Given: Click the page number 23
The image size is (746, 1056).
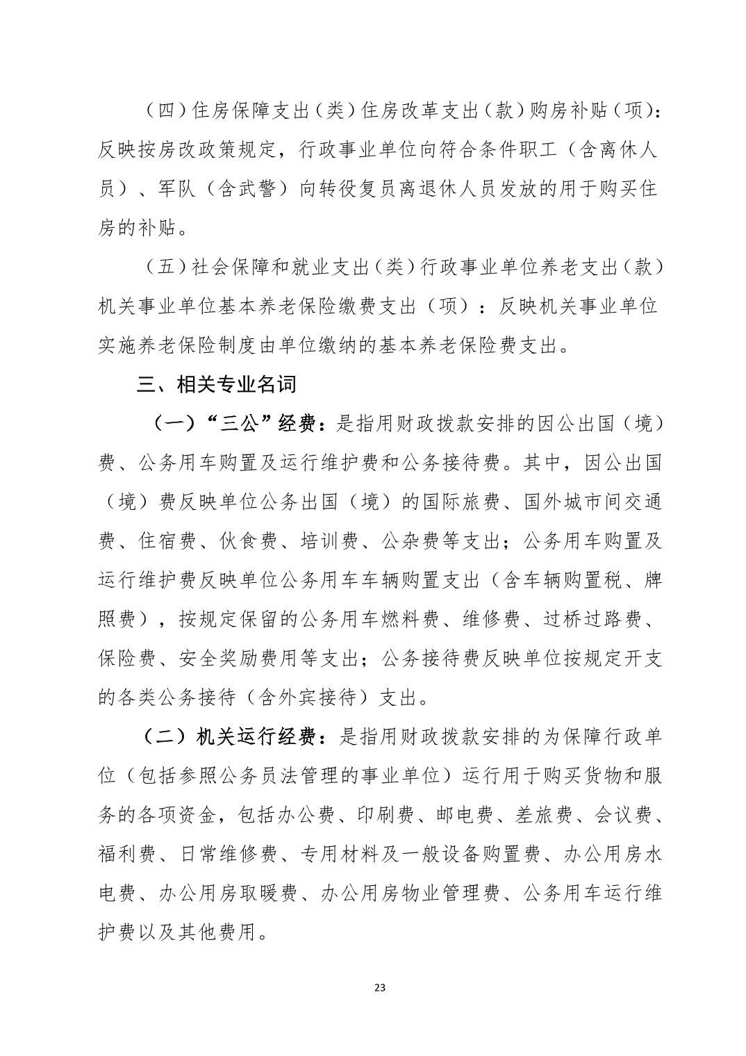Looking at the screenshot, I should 379,987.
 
